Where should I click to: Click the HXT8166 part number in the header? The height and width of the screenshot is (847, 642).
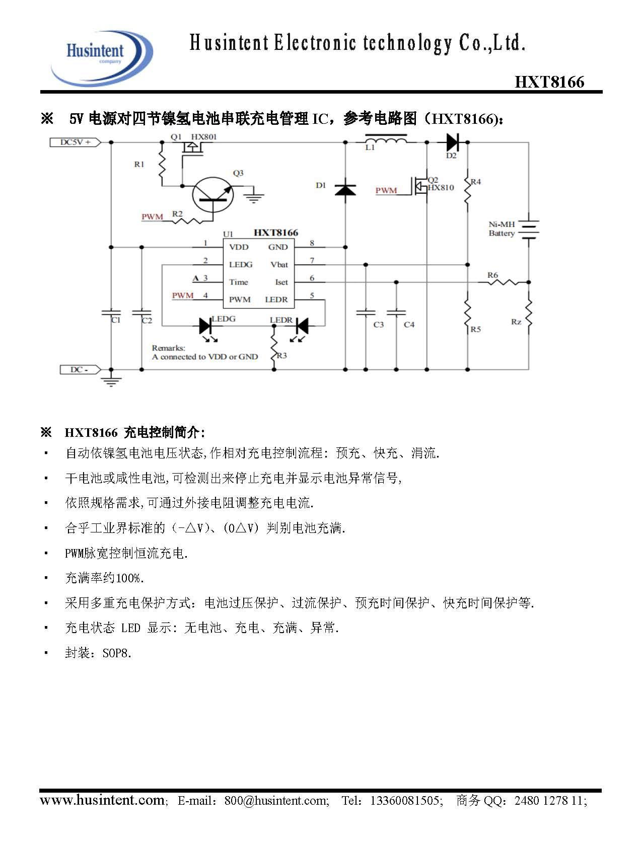click(549, 82)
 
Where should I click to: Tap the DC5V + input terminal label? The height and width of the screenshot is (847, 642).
click(75, 142)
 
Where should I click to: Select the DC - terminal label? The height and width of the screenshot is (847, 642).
click(79, 370)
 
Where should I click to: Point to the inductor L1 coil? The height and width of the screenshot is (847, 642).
click(386, 139)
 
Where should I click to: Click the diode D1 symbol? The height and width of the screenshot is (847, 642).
click(345, 190)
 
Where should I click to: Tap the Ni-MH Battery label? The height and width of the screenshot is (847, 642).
click(502, 229)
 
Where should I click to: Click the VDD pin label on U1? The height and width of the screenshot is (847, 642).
click(239, 247)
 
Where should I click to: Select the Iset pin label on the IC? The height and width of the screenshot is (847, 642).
click(281, 282)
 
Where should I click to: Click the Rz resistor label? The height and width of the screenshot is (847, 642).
click(516, 322)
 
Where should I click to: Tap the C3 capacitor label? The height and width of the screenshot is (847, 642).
click(379, 325)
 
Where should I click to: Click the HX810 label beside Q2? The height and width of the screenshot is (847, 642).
click(441, 188)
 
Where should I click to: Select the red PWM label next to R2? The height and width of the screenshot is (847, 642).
click(152, 217)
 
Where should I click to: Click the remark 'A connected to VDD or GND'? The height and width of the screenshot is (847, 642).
click(205, 357)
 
